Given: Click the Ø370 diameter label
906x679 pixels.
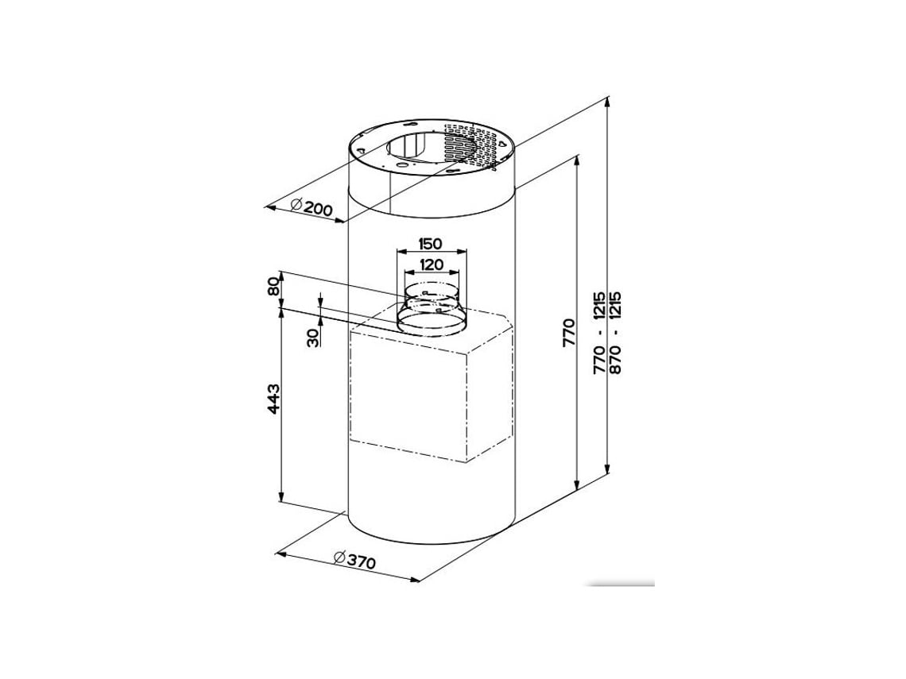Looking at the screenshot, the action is [354, 560].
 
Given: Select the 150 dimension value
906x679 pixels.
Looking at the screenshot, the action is [431, 243].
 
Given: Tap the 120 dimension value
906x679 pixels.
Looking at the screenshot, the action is [431, 265].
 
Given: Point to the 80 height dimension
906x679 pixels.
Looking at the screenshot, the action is [274, 286].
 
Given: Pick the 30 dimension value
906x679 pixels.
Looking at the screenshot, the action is [312, 338].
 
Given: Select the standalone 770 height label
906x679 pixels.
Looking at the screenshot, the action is [569, 331].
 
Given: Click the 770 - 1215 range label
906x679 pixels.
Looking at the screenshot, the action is [598, 332].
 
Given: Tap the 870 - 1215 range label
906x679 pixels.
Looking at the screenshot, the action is [615, 332].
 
